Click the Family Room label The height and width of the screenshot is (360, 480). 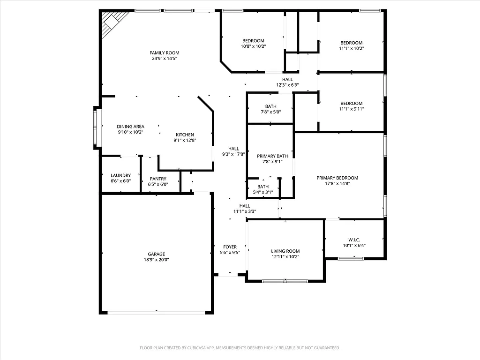[x=164, y=53]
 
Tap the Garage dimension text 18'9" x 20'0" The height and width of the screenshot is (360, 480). [x=157, y=260]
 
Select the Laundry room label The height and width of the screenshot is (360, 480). [x=120, y=175]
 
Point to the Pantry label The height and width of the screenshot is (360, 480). [x=158, y=179]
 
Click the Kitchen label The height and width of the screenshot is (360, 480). [x=185, y=135]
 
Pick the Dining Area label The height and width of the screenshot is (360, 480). [x=130, y=127]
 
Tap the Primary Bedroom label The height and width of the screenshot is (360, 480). [x=337, y=178]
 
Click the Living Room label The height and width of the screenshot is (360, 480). [x=285, y=251]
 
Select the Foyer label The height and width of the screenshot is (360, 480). [x=230, y=247]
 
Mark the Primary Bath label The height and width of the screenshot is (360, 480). [x=272, y=156]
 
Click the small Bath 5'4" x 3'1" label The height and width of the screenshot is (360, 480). [x=262, y=187]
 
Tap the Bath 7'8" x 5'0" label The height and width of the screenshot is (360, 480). [x=270, y=106]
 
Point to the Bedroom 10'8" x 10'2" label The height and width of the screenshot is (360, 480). [x=253, y=41]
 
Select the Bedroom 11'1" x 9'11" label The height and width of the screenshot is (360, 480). [x=351, y=104]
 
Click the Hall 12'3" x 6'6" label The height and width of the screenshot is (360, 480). [x=287, y=80]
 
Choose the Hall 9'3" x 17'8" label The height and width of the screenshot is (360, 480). [x=233, y=149]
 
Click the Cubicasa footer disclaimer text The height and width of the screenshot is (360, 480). [x=240, y=348]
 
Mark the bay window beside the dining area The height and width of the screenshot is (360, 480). [x=97, y=127]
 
